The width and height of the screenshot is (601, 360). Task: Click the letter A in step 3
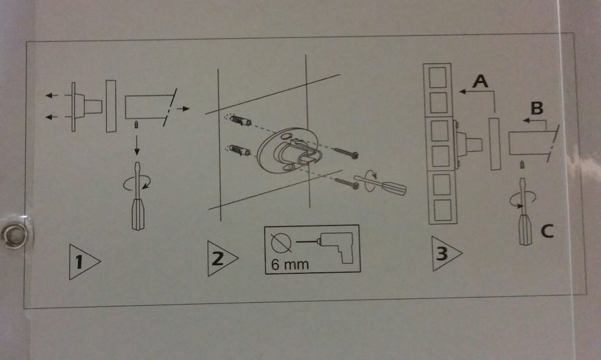coord(480,82)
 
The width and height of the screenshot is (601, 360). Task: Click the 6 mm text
coord(290,263)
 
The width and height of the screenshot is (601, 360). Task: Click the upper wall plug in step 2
coord(240,121)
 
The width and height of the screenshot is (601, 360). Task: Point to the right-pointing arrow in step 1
coord(183,109)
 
